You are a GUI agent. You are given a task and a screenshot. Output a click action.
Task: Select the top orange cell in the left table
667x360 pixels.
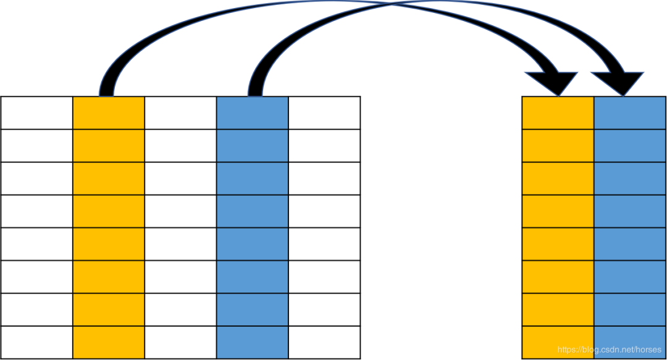(x=108, y=113)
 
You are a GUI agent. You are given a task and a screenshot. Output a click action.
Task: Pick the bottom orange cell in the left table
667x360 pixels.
(x=108, y=342)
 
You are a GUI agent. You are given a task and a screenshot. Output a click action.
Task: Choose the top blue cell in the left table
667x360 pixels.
(x=252, y=113)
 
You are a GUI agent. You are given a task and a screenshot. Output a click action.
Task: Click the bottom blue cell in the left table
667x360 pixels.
(x=252, y=342)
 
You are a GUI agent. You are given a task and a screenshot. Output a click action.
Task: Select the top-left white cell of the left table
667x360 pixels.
(x=36, y=113)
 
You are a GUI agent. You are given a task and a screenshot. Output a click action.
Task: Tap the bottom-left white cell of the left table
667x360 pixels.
(x=36, y=342)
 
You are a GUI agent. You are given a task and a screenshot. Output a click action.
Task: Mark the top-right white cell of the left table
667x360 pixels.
(x=324, y=113)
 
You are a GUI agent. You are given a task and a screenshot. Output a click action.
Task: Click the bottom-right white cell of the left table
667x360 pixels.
(x=324, y=342)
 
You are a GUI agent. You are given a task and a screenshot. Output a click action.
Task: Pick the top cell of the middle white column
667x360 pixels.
(x=180, y=113)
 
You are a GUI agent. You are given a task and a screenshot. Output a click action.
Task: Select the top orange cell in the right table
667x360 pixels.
(x=558, y=113)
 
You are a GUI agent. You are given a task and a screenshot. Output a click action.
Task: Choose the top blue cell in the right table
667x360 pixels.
(x=629, y=113)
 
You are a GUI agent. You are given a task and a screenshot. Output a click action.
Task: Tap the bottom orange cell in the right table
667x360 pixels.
(x=558, y=342)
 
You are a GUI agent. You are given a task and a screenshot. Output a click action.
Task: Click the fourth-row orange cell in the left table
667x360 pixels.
(x=108, y=211)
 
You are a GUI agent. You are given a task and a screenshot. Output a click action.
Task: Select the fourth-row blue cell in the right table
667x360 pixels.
(x=629, y=211)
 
